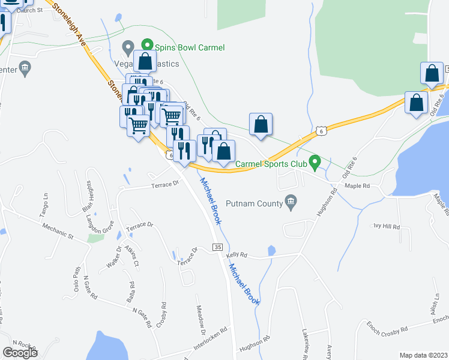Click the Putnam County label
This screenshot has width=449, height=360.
coord(254,203)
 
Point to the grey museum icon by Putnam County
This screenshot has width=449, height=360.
coord(291,201)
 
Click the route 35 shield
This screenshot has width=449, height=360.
coord(218,247)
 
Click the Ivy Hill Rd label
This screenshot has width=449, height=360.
coord(386,227)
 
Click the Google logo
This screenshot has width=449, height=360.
coord(20,353)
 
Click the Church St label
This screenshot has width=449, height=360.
coord(31,10)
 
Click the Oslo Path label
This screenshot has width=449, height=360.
coord(77,277)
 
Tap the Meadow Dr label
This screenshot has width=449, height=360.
coord(202,320)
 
